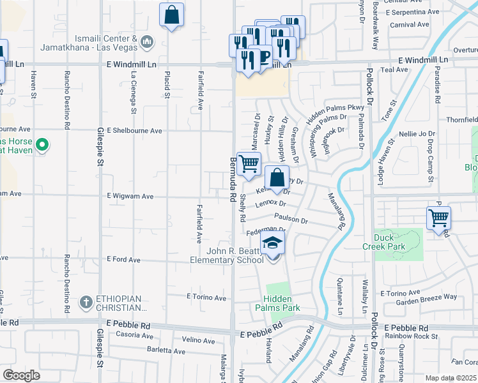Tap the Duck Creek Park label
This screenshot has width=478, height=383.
[x=392, y=241]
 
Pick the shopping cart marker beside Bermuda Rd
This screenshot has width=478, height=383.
[x=248, y=164]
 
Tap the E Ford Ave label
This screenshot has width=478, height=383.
[x=123, y=260]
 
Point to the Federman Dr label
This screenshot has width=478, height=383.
[x=265, y=230]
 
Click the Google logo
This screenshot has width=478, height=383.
[x=21, y=375]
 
